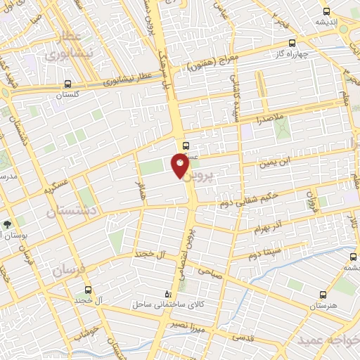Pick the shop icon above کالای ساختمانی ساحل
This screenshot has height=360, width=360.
point(167,293)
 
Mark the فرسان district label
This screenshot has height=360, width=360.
point(67,269)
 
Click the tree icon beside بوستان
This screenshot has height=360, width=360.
point(7,225)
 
